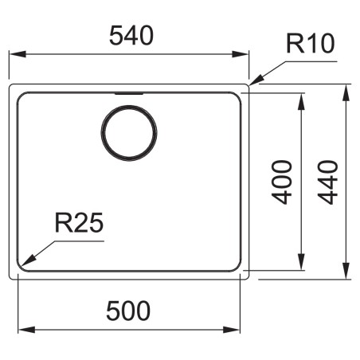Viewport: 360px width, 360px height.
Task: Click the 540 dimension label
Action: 131,36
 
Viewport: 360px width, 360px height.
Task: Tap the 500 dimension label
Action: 128,311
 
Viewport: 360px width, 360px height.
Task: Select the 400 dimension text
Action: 282,182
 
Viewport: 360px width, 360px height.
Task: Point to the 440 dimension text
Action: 328,182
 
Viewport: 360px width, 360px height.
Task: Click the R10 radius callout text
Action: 311,44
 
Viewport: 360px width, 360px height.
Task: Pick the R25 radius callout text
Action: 79,223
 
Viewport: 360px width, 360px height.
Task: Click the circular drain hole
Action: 129,133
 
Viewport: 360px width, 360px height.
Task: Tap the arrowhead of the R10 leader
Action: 256,80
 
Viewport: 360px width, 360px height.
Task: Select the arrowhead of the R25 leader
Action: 28,260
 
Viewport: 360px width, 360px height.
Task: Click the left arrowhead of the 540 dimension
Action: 18,54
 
